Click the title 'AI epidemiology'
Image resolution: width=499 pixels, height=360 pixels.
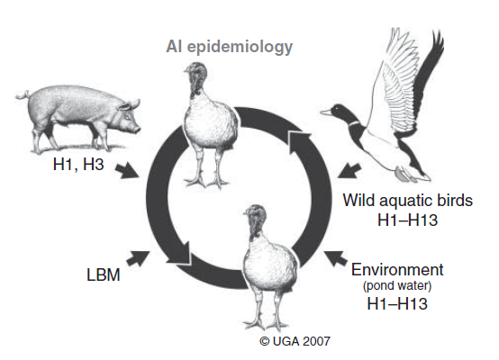(x=229, y=47)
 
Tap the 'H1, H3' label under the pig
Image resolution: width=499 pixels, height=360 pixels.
(x=78, y=165)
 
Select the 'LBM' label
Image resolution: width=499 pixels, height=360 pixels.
(x=104, y=274)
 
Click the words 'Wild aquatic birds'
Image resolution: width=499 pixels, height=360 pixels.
(x=408, y=201)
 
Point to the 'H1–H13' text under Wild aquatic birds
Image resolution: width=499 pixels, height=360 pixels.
(x=408, y=220)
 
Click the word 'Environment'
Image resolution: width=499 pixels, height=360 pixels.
(x=397, y=270)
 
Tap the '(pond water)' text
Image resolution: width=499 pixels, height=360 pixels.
(x=397, y=286)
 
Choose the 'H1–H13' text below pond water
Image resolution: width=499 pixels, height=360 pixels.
(x=397, y=303)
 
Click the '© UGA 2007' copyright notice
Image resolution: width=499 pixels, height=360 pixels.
(x=295, y=342)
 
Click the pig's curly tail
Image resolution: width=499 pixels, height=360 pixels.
(x=23, y=95)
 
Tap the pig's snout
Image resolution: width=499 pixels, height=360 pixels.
(x=137, y=129)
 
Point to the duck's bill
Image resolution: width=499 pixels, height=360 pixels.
(x=325, y=112)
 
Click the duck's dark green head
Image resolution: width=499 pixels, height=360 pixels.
(x=342, y=113)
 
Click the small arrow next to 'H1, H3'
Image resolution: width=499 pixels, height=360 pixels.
(x=127, y=171)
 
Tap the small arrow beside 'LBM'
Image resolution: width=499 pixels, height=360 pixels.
(x=138, y=258)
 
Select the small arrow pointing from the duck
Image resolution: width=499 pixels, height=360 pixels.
(x=349, y=170)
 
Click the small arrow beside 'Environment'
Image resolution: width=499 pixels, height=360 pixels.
(x=335, y=258)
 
